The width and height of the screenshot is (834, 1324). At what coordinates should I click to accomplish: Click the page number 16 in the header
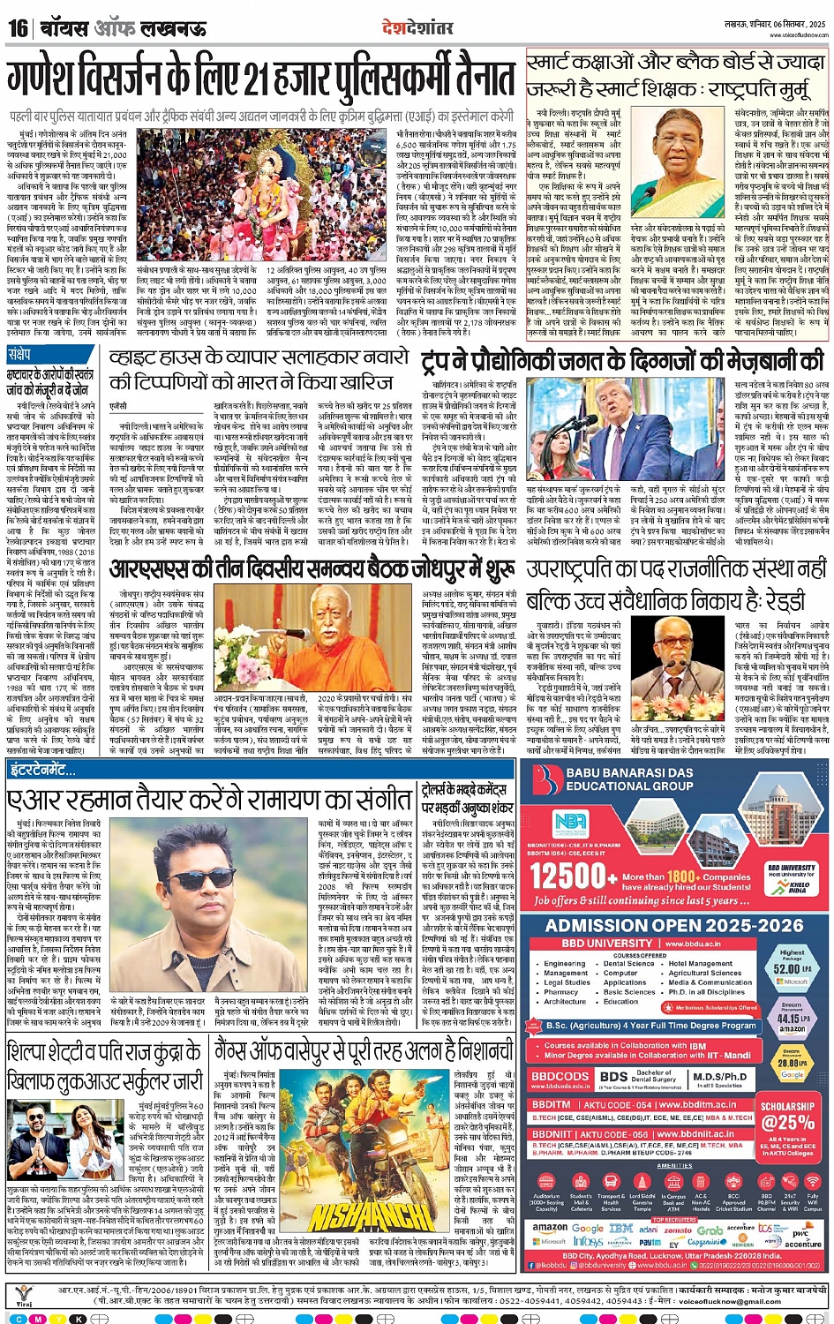point(18,28)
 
